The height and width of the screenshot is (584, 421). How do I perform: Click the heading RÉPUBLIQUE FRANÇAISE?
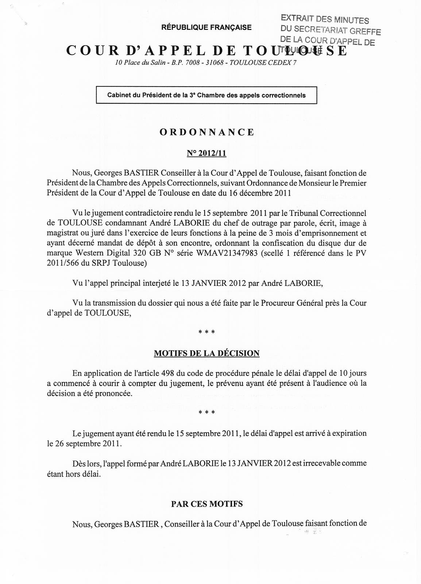click(206, 27)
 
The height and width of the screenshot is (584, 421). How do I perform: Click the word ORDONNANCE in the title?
click(207, 132)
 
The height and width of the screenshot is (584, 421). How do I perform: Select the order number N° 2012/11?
click(206, 154)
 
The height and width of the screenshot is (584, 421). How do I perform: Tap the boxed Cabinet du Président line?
click(206, 95)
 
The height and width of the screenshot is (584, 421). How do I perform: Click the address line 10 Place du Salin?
click(206, 62)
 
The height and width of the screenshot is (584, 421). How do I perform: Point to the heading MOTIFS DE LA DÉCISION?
click(206, 353)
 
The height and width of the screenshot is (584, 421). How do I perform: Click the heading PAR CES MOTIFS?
click(207, 504)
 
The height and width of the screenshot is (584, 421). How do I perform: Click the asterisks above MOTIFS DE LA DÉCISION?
click(206, 332)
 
